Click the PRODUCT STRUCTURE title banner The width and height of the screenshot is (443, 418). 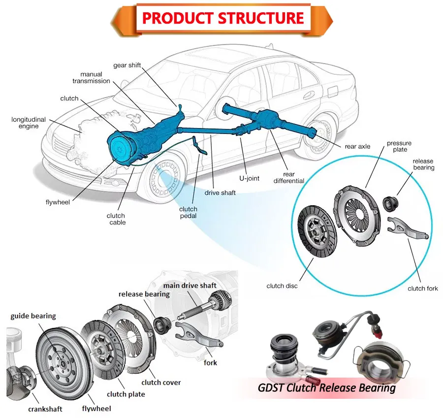[x=222, y=18]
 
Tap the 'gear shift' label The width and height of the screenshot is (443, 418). [x=127, y=65]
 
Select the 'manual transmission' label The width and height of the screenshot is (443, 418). [x=91, y=78]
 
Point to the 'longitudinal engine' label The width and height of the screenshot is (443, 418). [x=29, y=123]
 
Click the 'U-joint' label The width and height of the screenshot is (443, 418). [x=249, y=179]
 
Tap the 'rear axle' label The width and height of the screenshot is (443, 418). [x=357, y=146]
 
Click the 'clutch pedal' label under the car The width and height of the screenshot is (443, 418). [x=188, y=212]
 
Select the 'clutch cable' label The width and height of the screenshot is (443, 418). [x=116, y=219]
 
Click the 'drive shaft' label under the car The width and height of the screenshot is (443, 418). [x=220, y=193]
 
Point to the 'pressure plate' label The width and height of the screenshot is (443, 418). [x=399, y=146]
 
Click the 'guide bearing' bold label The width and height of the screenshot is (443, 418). [x=33, y=316]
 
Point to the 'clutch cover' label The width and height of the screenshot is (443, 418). [x=161, y=383]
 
